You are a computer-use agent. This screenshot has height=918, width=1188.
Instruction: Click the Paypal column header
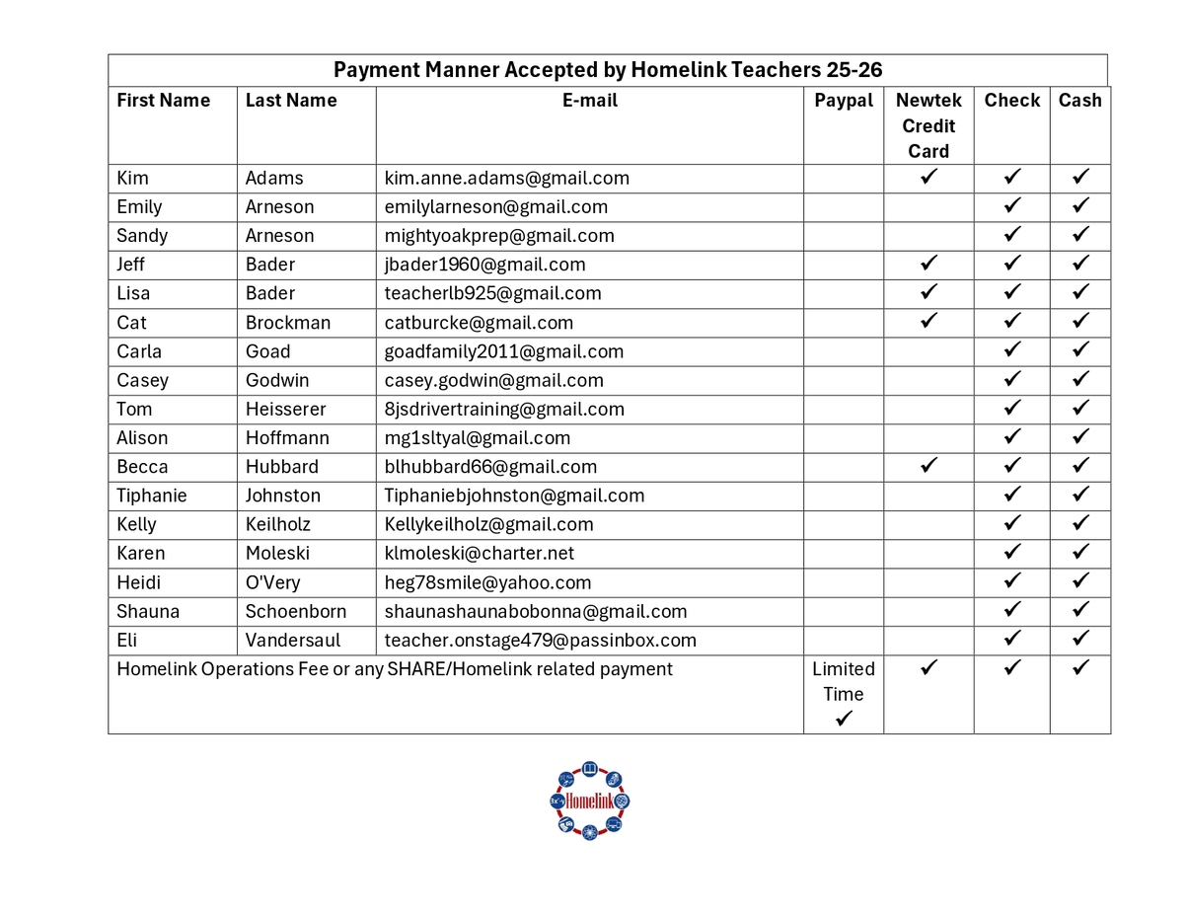click(x=844, y=101)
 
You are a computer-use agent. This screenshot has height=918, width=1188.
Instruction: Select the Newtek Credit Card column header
click(x=928, y=125)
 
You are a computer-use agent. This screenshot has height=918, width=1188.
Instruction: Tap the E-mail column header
click(x=589, y=101)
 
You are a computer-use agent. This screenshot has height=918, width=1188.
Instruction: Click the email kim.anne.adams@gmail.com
click(x=506, y=179)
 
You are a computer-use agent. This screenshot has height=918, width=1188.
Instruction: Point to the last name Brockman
click(x=288, y=323)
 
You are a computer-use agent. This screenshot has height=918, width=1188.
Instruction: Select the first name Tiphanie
click(x=151, y=496)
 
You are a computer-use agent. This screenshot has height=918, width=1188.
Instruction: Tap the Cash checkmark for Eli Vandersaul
click(x=1080, y=639)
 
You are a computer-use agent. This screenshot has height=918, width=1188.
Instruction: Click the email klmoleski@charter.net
click(x=479, y=554)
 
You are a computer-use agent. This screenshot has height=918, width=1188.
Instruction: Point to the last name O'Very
click(x=272, y=582)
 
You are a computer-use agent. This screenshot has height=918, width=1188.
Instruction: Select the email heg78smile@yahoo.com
click(x=487, y=582)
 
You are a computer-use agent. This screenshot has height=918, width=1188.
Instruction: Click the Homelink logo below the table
click(x=589, y=801)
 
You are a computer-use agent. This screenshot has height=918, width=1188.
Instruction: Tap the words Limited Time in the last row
click(x=844, y=681)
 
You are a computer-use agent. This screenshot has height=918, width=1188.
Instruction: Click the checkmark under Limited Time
click(x=844, y=720)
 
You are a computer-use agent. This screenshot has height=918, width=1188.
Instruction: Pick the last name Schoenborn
click(x=296, y=611)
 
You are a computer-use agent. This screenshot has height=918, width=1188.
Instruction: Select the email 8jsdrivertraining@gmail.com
click(x=504, y=410)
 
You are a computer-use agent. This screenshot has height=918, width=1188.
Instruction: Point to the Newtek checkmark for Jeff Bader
click(x=928, y=264)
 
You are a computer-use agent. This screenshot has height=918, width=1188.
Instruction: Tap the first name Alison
click(x=142, y=438)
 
